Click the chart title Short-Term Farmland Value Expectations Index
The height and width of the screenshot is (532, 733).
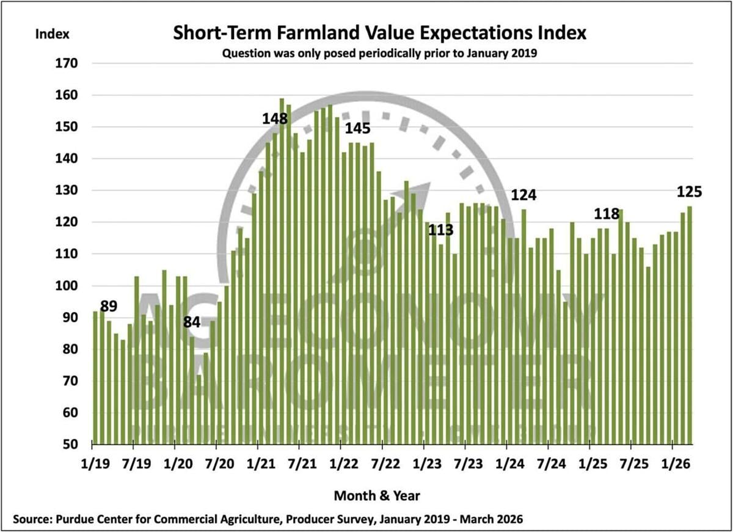(379, 33)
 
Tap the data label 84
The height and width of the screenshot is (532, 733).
(192, 321)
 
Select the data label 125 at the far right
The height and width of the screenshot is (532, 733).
(690, 192)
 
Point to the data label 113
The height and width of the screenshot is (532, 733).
(440, 230)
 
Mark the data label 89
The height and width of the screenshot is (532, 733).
(109, 305)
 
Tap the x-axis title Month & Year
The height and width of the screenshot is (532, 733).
(377, 494)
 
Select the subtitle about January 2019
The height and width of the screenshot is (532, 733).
(379, 53)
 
